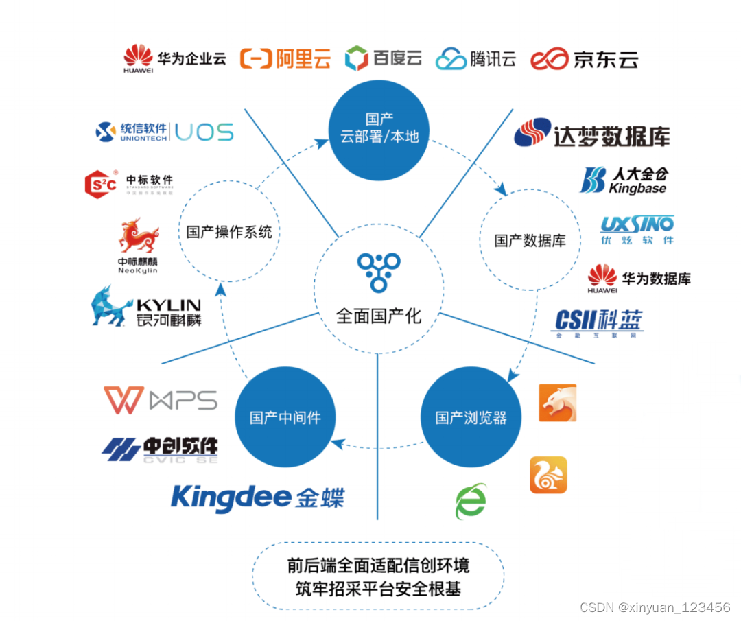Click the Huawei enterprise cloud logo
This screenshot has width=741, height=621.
pyautogui.click(x=174, y=58)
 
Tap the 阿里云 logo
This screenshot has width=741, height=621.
pyautogui.click(x=285, y=58)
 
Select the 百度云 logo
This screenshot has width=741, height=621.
pyautogui.click(x=383, y=58)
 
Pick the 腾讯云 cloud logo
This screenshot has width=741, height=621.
pyautogui.click(x=475, y=58)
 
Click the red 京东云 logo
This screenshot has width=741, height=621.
pyautogui.click(x=585, y=58)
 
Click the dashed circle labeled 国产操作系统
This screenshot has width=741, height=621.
pyautogui.click(x=229, y=231)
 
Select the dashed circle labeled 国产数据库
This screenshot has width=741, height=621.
pyautogui.click(x=530, y=240)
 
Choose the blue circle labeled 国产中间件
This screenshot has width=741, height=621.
pyautogui.click(x=285, y=417)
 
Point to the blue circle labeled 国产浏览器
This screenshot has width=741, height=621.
pyautogui.click(x=471, y=417)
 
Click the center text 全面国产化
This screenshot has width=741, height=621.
pyautogui.click(x=378, y=316)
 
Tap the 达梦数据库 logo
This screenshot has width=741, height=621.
pyautogui.click(x=591, y=134)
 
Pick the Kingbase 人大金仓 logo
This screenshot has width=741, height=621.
pyautogui.click(x=624, y=180)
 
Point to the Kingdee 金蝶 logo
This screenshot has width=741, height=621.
pyautogui.click(x=257, y=497)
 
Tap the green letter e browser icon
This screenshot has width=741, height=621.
pyautogui.click(x=471, y=502)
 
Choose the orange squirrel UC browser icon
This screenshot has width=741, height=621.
pyautogui.click(x=548, y=475)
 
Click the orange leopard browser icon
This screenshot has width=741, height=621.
pyautogui.click(x=557, y=403)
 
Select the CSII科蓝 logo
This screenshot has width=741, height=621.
pyautogui.click(x=598, y=323)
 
